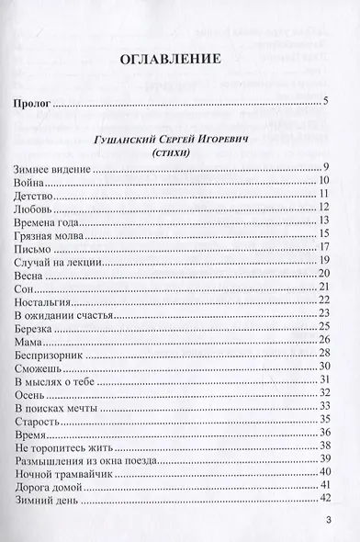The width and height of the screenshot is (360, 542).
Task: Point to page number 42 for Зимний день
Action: point(324,500)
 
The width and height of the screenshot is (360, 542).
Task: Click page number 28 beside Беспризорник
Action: point(324,354)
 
